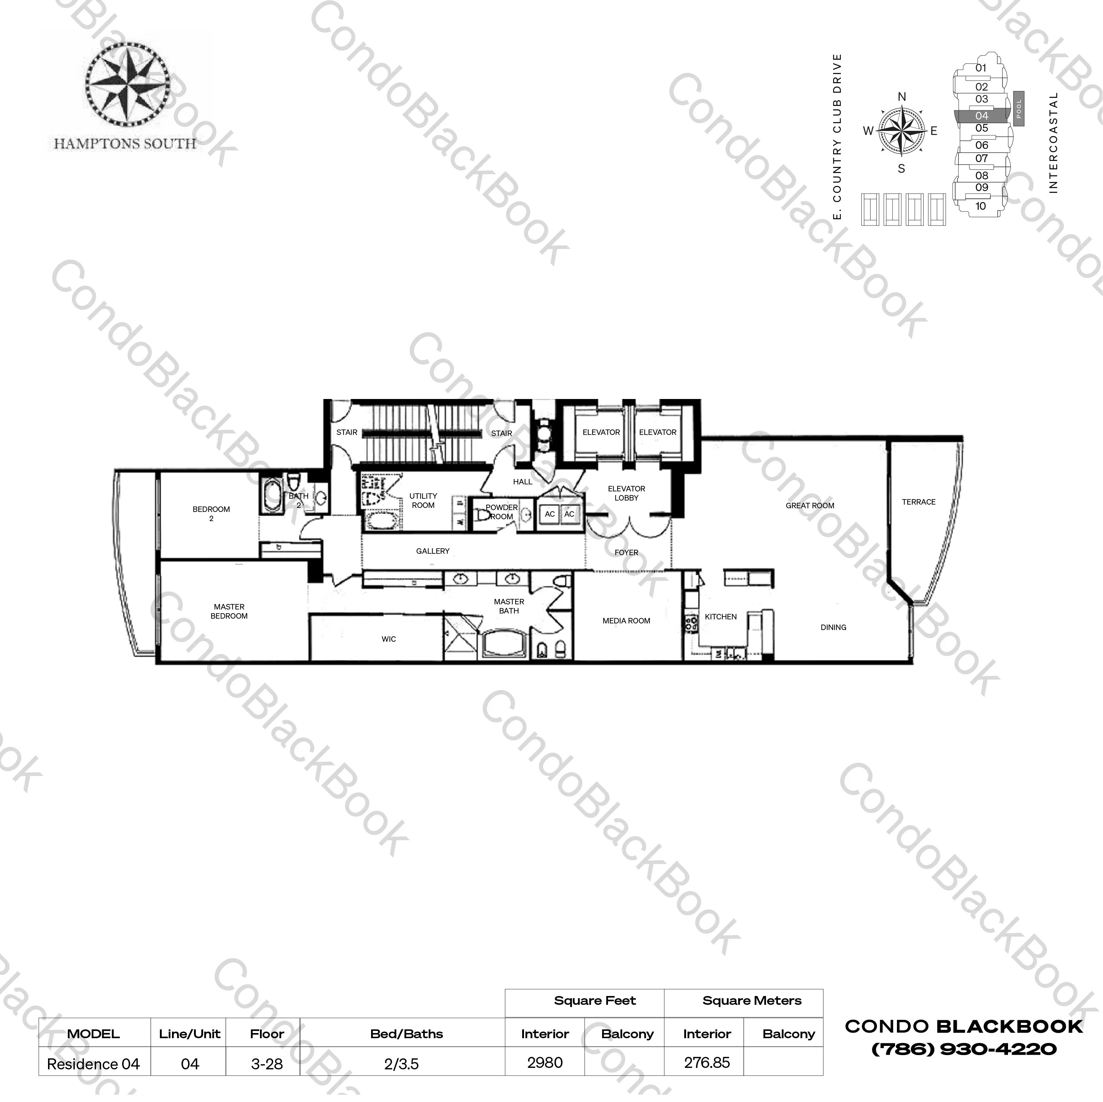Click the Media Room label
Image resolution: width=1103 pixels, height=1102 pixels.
pyautogui.click(x=626, y=620)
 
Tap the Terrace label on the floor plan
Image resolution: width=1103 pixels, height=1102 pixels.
pyautogui.click(x=919, y=502)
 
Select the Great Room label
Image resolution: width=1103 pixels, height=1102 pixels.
pyautogui.click(x=810, y=505)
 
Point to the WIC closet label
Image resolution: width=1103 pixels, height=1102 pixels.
pyautogui.click(x=389, y=639)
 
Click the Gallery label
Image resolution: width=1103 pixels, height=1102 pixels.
pyautogui.click(x=433, y=551)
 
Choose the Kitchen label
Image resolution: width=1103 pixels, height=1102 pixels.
pyautogui.click(x=721, y=617)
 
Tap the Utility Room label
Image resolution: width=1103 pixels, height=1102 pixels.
pyautogui.click(x=423, y=501)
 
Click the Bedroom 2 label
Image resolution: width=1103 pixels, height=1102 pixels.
pyautogui.click(x=211, y=513)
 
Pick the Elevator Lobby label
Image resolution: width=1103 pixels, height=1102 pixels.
pyautogui.click(x=626, y=493)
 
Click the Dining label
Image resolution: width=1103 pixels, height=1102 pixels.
pyautogui.click(x=833, y=627)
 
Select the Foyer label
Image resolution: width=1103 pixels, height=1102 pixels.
pyautogui.click(x=626, y=552)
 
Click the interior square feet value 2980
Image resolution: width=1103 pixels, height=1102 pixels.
pyautogui.click(x=545, y=1063)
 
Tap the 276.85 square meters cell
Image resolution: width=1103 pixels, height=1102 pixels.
pyautogui.click(x=707, y=1063)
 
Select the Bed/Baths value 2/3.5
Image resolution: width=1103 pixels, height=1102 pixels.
pyautogui.click(x=402, y=1064)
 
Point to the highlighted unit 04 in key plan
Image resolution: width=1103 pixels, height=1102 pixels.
pyautogui.click(x=981, y=116)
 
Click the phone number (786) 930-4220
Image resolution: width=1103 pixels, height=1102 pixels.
pyautogui.click(x=964, y=1050)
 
